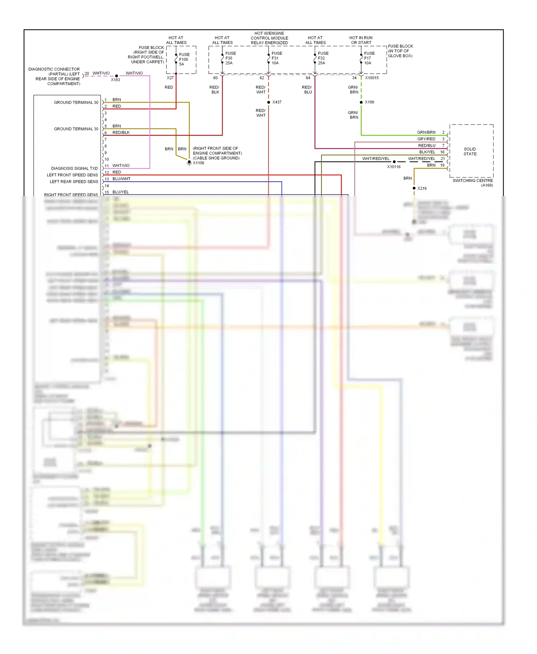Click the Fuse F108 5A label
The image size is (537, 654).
(184, 59)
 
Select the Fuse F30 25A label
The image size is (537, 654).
(230, 58)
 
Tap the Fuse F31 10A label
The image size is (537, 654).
(276, 58)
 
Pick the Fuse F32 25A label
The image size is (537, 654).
(323, 58)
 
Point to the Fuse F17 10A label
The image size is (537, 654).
(369, 58)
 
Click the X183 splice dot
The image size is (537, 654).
(117, 76)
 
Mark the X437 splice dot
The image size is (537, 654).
(268, 102)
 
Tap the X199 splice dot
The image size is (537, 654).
(361, 102)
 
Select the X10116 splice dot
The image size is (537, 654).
(394, 162)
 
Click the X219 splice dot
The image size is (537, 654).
(414, 188)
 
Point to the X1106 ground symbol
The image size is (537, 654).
(189, 163)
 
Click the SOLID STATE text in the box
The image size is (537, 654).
(470, 151)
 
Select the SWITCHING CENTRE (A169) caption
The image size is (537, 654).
(473, 183)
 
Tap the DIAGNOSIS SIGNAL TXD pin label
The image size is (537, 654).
(74, 169)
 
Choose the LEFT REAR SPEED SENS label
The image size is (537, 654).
(74, 182)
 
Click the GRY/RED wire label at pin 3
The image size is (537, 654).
(426, 139)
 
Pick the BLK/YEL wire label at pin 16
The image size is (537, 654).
(427, 152)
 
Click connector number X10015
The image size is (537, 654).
(372, 78)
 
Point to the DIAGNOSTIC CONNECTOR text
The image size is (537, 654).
(54, 69)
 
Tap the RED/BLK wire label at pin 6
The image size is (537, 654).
(121, 132)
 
